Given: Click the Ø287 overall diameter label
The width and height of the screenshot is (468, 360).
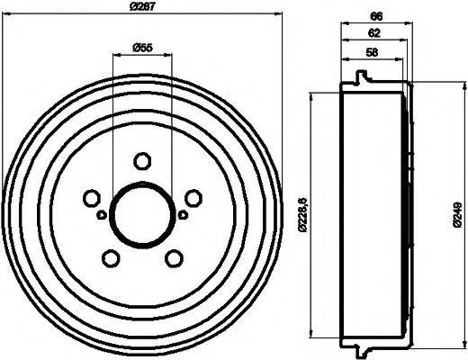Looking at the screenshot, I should click(144, 7).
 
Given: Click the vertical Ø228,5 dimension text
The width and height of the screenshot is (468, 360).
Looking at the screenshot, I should click(302, 213).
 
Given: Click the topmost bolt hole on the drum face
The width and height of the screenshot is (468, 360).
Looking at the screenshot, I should click(140, 161).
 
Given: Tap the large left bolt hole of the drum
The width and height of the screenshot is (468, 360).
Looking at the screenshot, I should click(90, 198).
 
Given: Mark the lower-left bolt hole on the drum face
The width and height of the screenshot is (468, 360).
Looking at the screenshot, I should click(110, 258).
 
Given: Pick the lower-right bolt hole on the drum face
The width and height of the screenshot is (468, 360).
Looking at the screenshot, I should click(173, 258).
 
